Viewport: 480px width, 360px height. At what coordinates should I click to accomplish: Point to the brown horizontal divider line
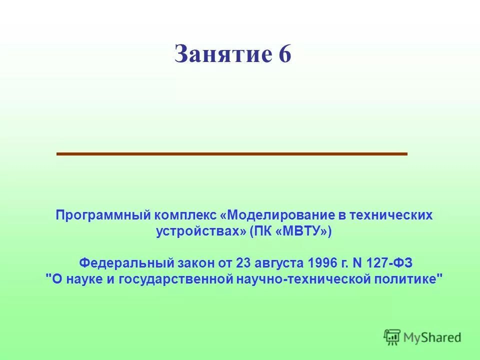[232, 154]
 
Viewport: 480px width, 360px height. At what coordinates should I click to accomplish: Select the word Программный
[103, 215]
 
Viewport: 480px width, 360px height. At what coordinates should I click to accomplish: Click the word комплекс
[185, 215]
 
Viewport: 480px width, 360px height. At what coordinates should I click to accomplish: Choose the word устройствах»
[201, 232]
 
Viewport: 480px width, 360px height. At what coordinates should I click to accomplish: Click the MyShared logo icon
[392, 336]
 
